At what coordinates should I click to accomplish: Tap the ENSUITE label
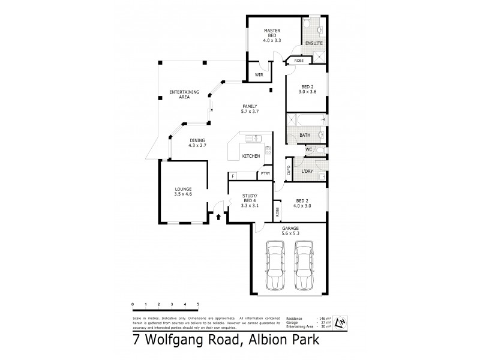[313, 44]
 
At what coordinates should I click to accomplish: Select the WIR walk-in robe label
[259, 75]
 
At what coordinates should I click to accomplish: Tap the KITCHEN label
[250, 156]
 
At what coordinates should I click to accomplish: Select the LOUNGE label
[184, 191]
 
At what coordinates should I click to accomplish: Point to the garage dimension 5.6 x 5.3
[290, 233]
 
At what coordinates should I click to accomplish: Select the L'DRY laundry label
[307, 172]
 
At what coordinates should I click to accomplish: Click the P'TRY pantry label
[264, 175]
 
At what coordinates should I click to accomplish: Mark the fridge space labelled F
[233, 176]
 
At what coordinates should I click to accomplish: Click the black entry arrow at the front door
[218, 217]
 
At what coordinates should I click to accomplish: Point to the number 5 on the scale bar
[198, 305]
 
